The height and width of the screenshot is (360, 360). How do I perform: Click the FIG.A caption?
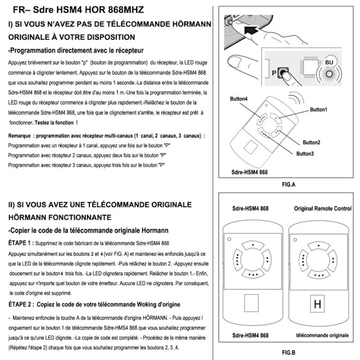(286, 187)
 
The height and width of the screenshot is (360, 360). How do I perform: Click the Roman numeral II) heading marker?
(12, 205)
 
